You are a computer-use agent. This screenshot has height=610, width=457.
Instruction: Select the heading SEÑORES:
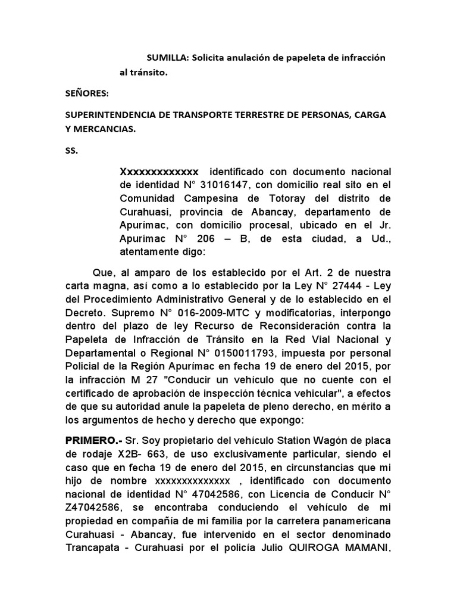[83, 93]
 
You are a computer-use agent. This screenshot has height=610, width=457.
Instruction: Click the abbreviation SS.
[71, 151]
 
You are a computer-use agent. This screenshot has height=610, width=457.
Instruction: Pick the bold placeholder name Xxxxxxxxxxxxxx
[159, 172]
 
